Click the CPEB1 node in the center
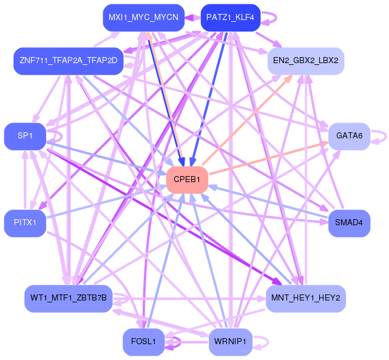tap(187, 180)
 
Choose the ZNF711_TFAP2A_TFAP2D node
tap(69, 61)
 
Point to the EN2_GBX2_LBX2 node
tap(306, 61)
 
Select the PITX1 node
tap(25, 223)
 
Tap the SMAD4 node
tap(349, 223)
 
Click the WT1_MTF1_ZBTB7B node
tap(69, 298)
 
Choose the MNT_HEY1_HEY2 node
tap(306, 298)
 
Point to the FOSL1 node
tap(143, 342)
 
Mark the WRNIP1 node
tap(230, 342)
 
